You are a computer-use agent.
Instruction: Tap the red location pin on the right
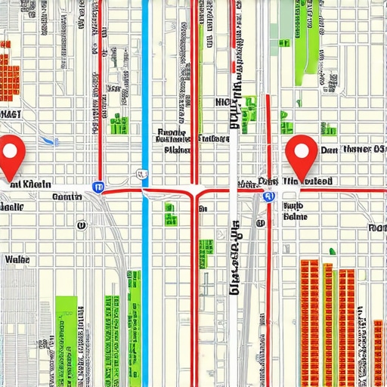(302, 155)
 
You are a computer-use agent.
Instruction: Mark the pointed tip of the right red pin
(302, 183)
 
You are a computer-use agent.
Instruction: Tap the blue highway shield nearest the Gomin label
(98, 185)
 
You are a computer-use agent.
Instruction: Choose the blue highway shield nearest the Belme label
(268, 197)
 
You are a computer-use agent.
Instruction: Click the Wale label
(17, 259)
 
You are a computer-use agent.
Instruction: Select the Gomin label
(67, 197)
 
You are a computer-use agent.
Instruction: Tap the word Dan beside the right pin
(328, 150)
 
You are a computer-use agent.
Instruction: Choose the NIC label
(224, 102)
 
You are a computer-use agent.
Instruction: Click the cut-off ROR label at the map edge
(377, 227)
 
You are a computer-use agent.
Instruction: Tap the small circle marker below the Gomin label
(79, 224)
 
